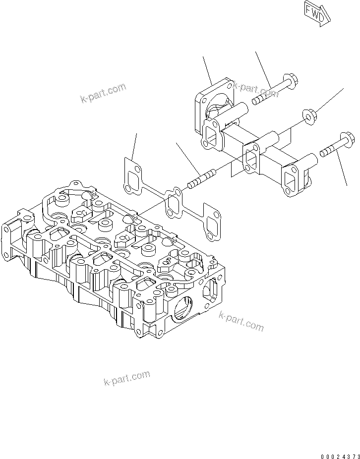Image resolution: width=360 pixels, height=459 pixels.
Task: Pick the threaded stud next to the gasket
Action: (x=201, y=179)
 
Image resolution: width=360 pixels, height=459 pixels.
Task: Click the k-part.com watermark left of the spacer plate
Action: (x=103, y=94)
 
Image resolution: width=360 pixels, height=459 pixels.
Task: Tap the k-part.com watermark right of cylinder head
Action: (x=241, y=321)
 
